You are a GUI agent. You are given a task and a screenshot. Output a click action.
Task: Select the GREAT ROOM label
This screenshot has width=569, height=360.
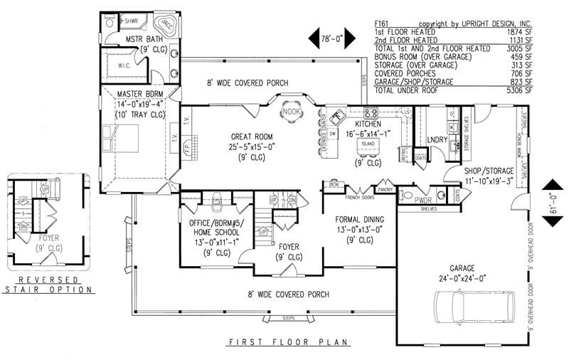(x=248, y=137)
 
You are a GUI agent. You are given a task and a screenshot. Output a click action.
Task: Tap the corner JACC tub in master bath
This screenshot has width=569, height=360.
(x=165, y=25)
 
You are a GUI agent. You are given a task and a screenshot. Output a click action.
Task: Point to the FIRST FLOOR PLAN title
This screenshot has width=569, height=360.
(x=288, y=342)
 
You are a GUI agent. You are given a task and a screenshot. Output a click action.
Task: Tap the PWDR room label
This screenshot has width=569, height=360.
(x=423, y=201)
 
